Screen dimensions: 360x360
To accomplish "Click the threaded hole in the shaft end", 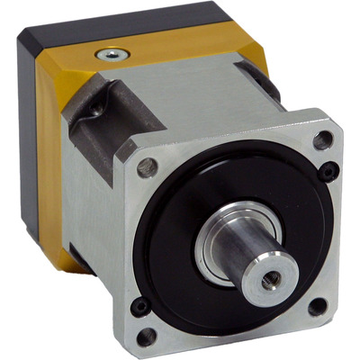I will [x=268, y=280].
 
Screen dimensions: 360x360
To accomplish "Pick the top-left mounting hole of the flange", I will [x=147, y=167].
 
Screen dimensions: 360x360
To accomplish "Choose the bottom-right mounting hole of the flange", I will [x=318, y=306].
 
